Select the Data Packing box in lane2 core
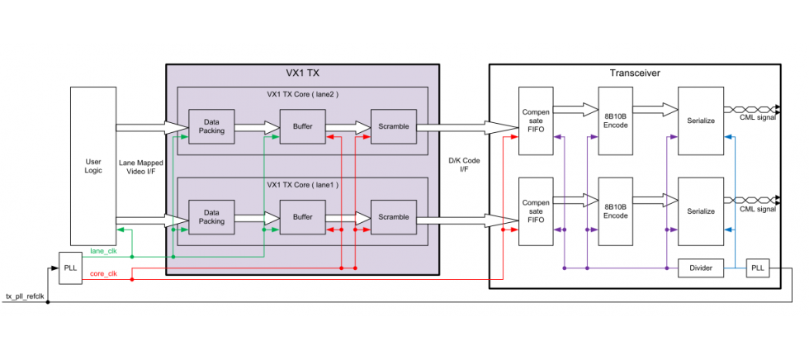[x=211, y=126]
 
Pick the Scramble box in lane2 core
[x=394, y=126]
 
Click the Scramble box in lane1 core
[x=394, y=217]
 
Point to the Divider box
[x=700, y=268]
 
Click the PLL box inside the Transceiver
[x=758, y=268]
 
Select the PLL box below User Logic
[x=70, y=268]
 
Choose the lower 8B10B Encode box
[x=614, y=211]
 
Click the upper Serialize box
[x=700, y=120]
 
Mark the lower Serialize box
[x=700, y=211]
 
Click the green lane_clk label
[x=104, y=250]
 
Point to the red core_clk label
[x=104, y=273]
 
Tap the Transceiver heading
[x=634, y=73]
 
